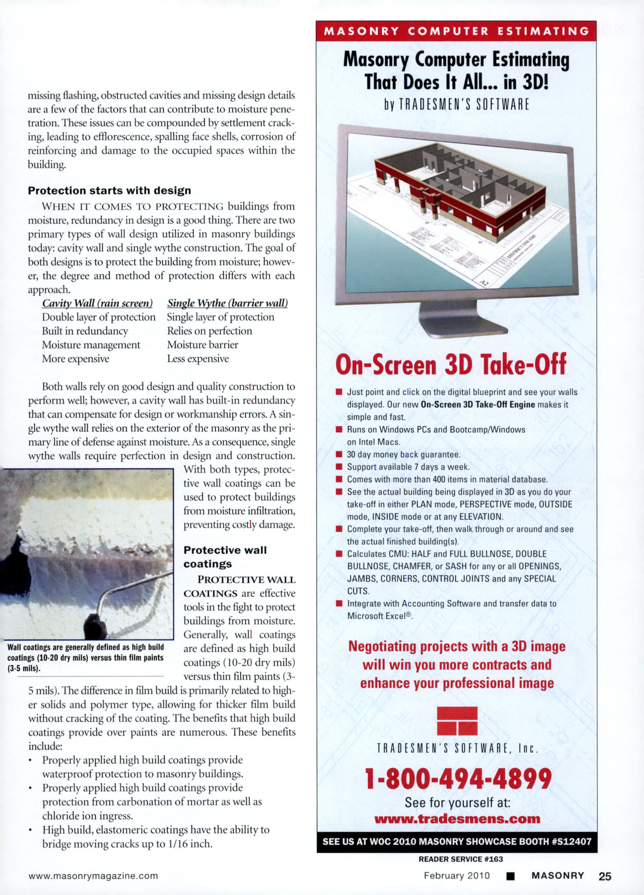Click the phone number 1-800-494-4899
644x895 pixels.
tap(458, 779)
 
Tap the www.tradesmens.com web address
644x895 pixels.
tap(457, 819)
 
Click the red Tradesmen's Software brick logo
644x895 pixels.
tap(457, 721)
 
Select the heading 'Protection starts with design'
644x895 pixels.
tap(110, 190)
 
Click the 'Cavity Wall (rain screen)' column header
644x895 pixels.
tap(97, 303)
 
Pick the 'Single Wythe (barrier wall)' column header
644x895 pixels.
tap(227, 303)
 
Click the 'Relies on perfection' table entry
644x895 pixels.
tap(209, 331)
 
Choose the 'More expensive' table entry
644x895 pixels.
tap(76, 359)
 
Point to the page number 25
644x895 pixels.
tap(605, 876)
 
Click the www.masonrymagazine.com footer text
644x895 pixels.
tap(93, 876)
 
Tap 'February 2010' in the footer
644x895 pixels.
tap(456, 876)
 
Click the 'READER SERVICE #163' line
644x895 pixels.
tap(460, 859)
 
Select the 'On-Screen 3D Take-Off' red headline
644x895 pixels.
tap(451, 364)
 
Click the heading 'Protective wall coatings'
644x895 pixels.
tap(225, 557)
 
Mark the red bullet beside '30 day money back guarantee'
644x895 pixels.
tap(339, 454)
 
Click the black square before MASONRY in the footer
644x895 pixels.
tap(510, 876)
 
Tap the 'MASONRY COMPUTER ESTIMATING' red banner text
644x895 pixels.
tap(456, 31)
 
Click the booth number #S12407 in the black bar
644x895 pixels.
tap(571, 841)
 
